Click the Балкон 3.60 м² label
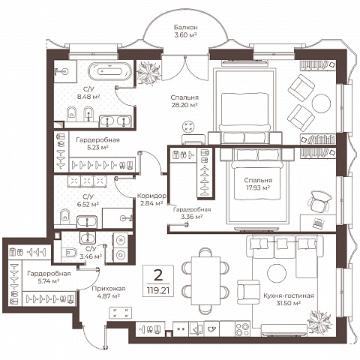pos(186,31)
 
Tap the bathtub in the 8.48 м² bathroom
pos(110,71)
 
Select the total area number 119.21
pos(158,290)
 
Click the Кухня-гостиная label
pos(289,295)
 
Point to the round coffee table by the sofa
pos(277,273)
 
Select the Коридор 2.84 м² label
pos(151,199)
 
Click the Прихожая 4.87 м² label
pos(108,292)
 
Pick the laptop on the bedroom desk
pos(318,222)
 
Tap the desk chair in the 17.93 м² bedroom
pos(319,201)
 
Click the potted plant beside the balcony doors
pos(148,73)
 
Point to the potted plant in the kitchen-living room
pos(319,322)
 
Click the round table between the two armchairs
pos(321,103)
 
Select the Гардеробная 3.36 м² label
pos(192,213)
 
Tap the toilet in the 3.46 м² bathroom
pos(68,253)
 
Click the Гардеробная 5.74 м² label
pos(49,277)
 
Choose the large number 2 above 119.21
pos(158,275)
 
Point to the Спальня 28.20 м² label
pos(184,101)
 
